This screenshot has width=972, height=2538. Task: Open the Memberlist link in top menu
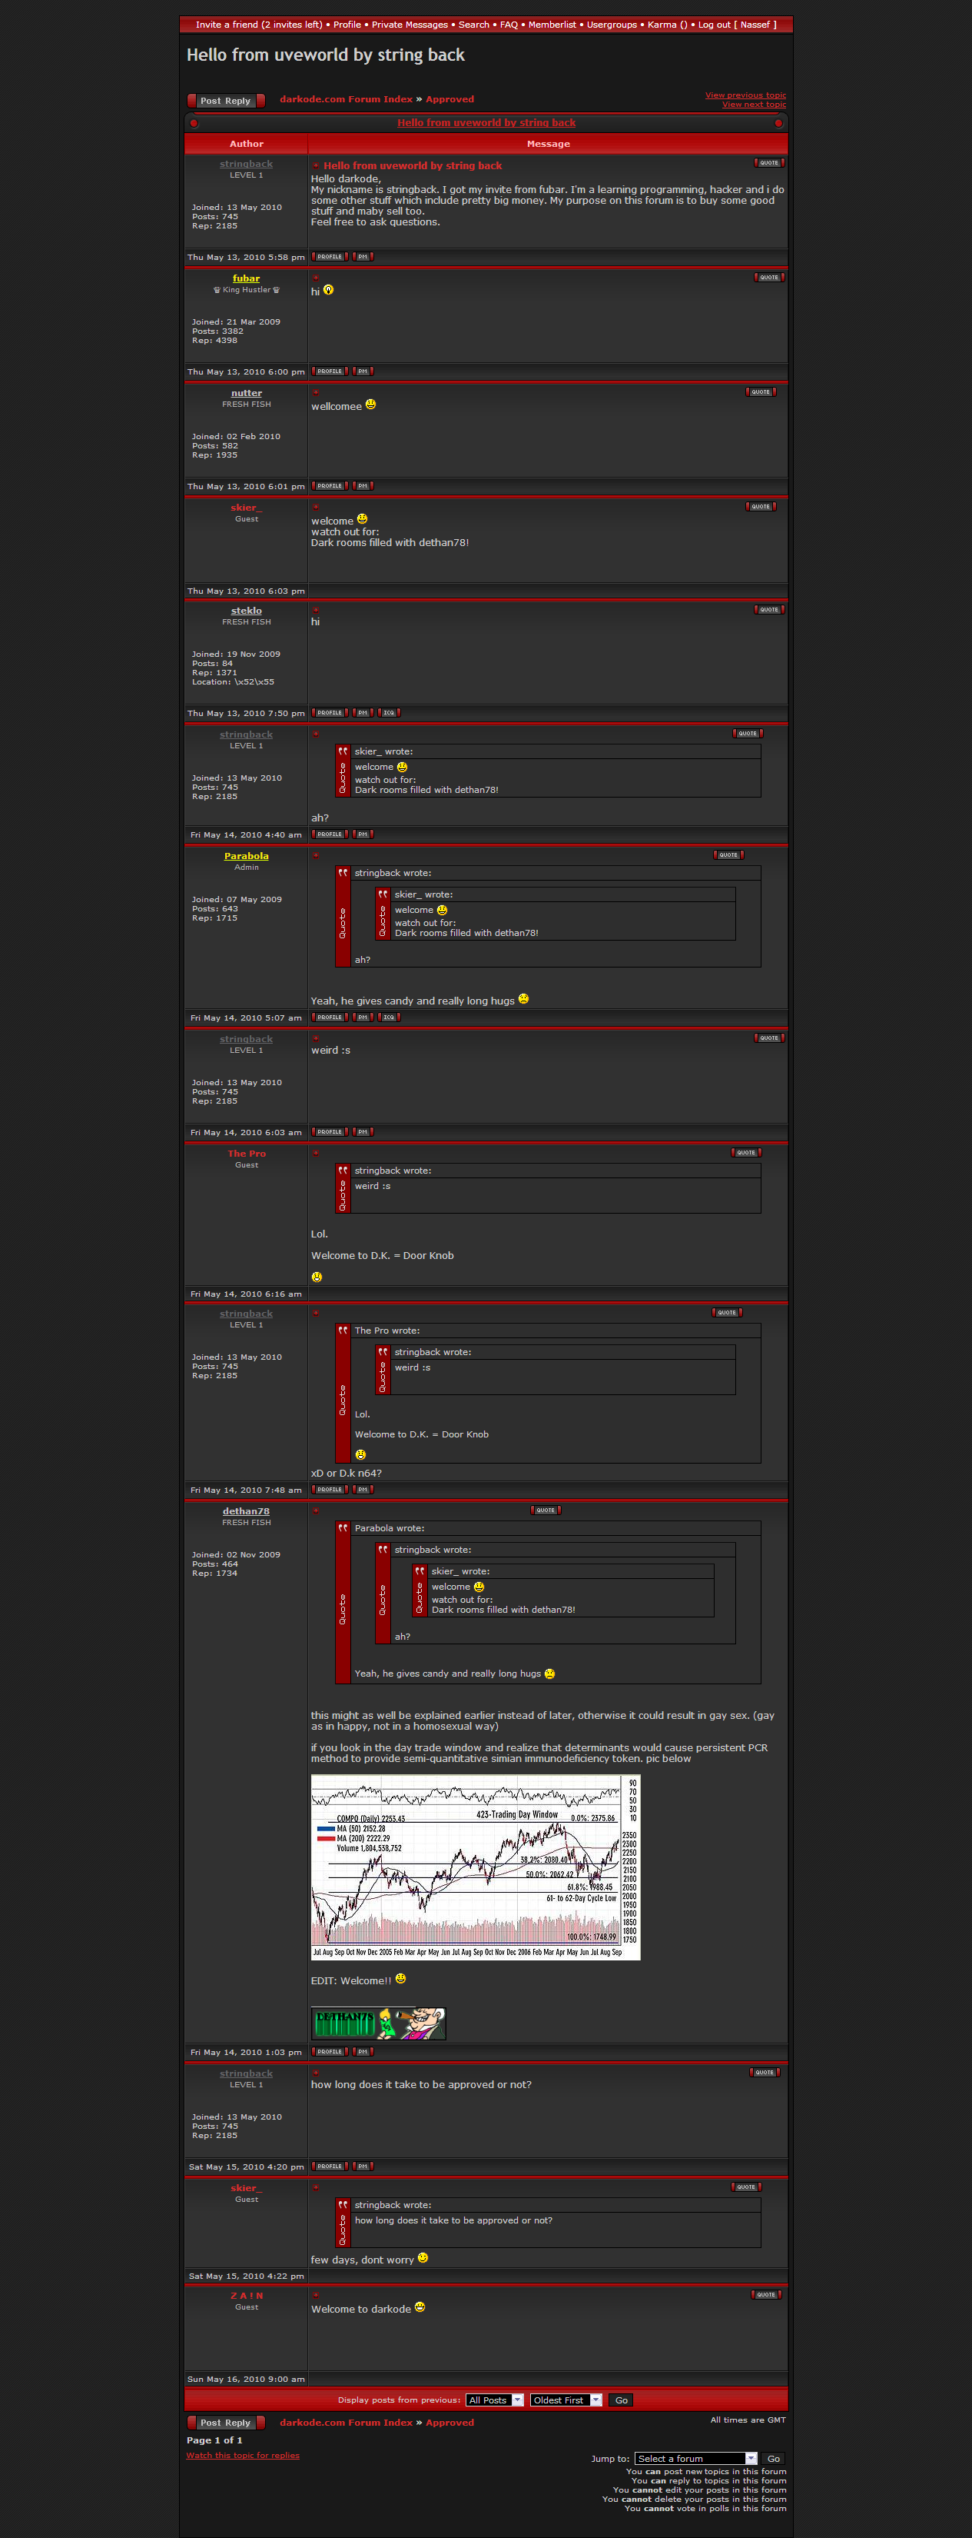552,25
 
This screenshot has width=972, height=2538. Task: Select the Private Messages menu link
409,25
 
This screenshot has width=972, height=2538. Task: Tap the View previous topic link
745,95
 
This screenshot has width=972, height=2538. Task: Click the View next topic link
753,105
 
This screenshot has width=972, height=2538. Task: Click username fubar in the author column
246,279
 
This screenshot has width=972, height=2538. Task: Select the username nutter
246,393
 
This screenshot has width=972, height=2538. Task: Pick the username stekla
246,611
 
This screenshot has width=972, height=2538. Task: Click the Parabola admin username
246,856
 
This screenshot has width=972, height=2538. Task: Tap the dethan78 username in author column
246,1511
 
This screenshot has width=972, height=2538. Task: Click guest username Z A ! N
246,2296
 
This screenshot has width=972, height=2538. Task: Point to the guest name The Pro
246,1154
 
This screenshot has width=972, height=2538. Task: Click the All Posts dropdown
494,2400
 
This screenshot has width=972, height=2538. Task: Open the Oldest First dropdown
566,2400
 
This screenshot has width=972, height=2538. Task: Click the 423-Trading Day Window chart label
516,1814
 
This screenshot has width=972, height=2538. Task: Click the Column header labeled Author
246,144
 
